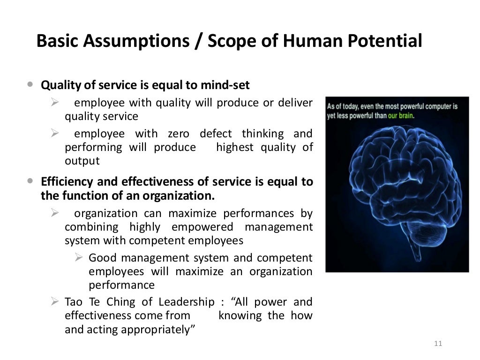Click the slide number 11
click(438, 344)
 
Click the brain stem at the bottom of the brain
click(414, 251)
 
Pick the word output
click(82, 161)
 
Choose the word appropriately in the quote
click(157, 329)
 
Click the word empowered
click(202, 227)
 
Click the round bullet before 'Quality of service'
click(30, 85)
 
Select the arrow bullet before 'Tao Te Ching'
click(55, 301)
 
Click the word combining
click(91, 227)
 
